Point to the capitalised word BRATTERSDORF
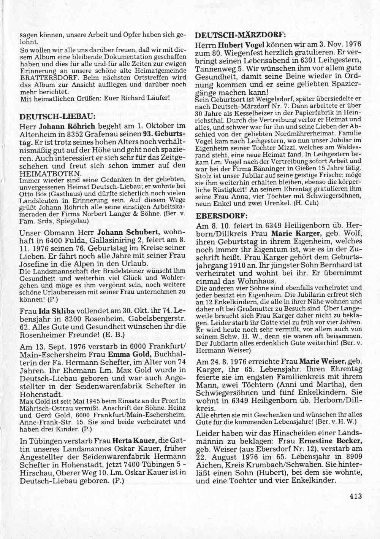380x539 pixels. coord(41,77)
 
